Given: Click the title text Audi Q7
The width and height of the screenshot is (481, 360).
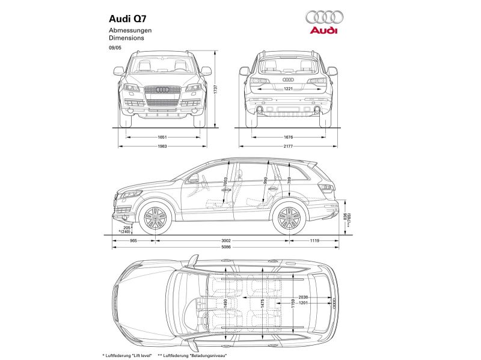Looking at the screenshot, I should point(127,18).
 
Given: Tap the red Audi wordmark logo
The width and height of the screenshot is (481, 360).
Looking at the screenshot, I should point(324,30).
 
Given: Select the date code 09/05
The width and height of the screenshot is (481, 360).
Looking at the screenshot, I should point(115,46).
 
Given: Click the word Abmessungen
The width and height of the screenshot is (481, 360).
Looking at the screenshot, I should point(130,30).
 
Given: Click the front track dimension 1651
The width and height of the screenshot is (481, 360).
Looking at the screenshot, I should point(162,137).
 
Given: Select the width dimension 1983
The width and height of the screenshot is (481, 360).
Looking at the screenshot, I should point(162,146).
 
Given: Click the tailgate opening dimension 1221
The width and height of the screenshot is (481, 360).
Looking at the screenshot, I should point(288,88).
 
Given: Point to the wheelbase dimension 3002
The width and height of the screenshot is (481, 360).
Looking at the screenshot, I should point(225,240).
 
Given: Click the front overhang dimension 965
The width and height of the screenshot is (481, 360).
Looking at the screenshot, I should point(133,240).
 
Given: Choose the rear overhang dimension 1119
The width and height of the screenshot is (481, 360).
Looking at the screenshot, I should point(314,240).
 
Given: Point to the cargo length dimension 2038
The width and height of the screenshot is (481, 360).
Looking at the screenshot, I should point(303,297).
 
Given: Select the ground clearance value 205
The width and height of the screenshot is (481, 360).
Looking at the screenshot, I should point(126,227).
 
